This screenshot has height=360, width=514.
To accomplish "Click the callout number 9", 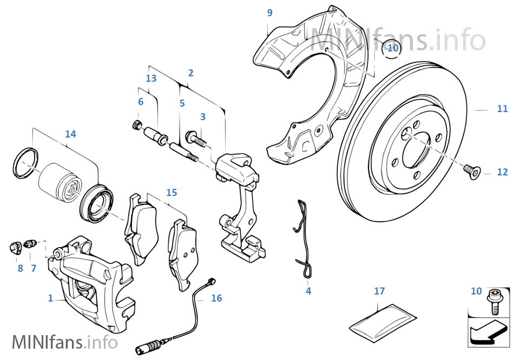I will [x=269, y=13].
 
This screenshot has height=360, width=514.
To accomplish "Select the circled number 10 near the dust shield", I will [x=393, y=48].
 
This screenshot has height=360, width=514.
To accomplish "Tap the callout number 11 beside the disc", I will [x=502, y=109].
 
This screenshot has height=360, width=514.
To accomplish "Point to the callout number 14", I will [x=70, y=134].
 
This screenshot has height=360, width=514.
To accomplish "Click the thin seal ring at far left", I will [x=26, y=162].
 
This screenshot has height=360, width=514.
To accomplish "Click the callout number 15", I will [x=172, y=193].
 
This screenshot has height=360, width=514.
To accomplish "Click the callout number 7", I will [x=34, y=268].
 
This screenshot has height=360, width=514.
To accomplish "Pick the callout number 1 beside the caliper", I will [x=50, y=298].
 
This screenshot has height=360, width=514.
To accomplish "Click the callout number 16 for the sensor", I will [x=216, y=298].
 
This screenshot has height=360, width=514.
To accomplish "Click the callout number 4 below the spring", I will [x=308, y=291].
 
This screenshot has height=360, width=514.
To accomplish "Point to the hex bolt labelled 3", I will [x=196, y=139].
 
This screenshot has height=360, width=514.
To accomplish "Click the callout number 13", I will [x=151, y=78].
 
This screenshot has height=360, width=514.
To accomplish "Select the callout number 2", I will [x=190, y=73].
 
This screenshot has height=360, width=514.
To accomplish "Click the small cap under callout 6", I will [x=137, y=126].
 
